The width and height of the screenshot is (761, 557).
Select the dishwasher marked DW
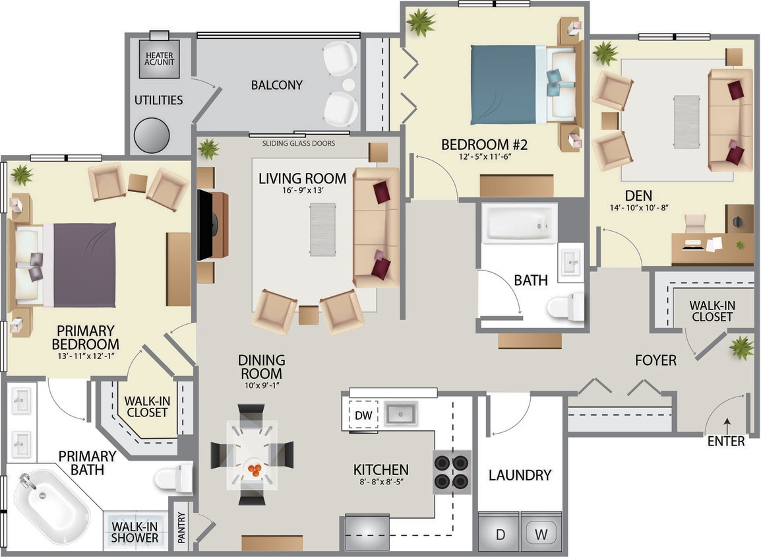pos(363,415)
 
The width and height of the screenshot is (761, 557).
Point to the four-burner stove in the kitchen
pos(452,472)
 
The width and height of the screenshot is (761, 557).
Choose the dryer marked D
pos(500,534)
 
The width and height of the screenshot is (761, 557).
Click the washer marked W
pos(541,534)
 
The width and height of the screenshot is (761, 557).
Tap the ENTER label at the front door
pos(725,441)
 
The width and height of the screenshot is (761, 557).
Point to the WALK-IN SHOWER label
pos(135,532)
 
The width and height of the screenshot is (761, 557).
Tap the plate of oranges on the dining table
pos(254,469)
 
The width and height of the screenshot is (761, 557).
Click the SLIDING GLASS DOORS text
pos(298,143)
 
